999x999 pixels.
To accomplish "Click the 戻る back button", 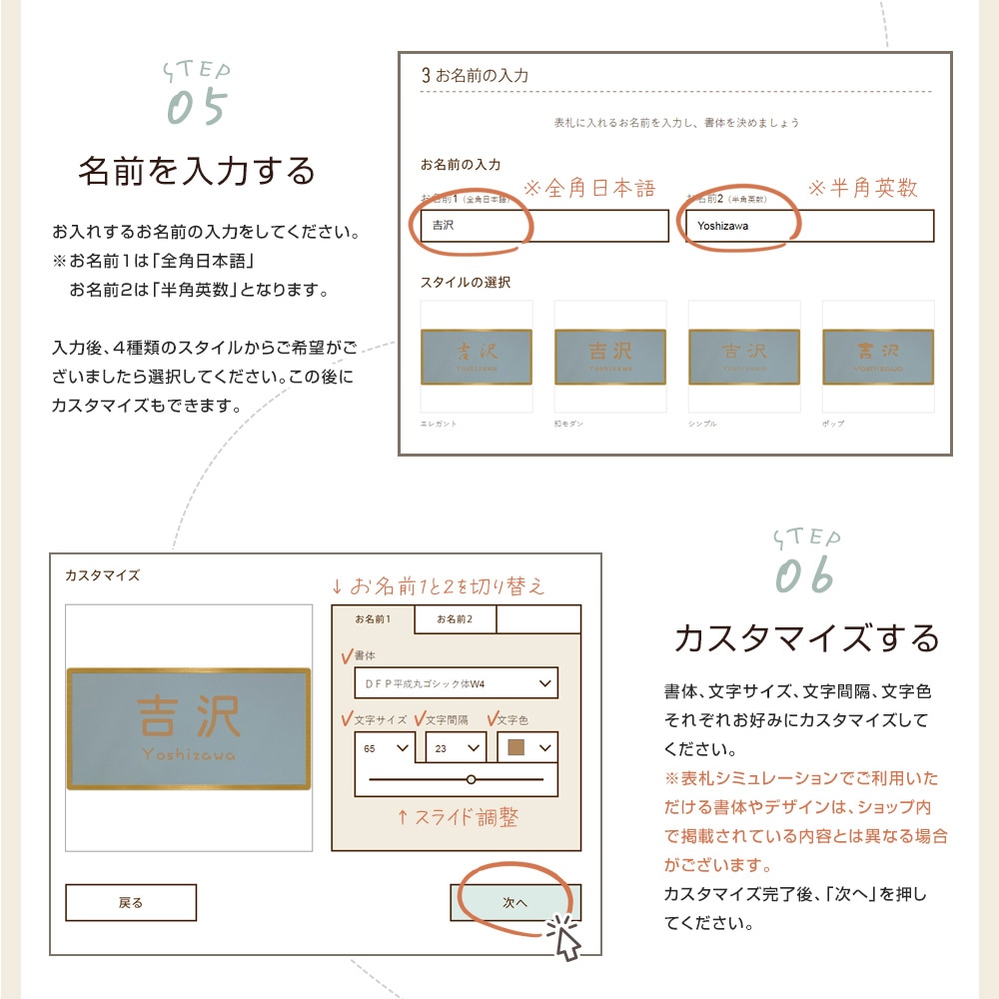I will (131, 902).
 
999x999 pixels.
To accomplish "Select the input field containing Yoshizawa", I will (809, 226).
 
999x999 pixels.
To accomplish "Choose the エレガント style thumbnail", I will (477, 357).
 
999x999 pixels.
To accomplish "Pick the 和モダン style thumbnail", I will (610, 357).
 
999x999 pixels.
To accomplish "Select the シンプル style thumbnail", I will (743, 357).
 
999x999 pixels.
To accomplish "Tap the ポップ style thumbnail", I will (877, 357).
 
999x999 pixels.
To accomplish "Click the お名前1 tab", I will (374, 619).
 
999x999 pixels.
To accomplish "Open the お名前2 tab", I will (455, 619).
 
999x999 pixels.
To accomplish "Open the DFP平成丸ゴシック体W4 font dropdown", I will (456, 683).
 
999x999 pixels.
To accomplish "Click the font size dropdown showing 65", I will (387, 747).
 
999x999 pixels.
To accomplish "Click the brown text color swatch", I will (516, 748).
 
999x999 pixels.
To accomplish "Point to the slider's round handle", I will (472, 778).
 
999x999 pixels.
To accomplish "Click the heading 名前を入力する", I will (197, 171).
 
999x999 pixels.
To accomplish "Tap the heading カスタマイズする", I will (806, 637).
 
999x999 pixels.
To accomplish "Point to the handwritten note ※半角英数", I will (862, 188).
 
